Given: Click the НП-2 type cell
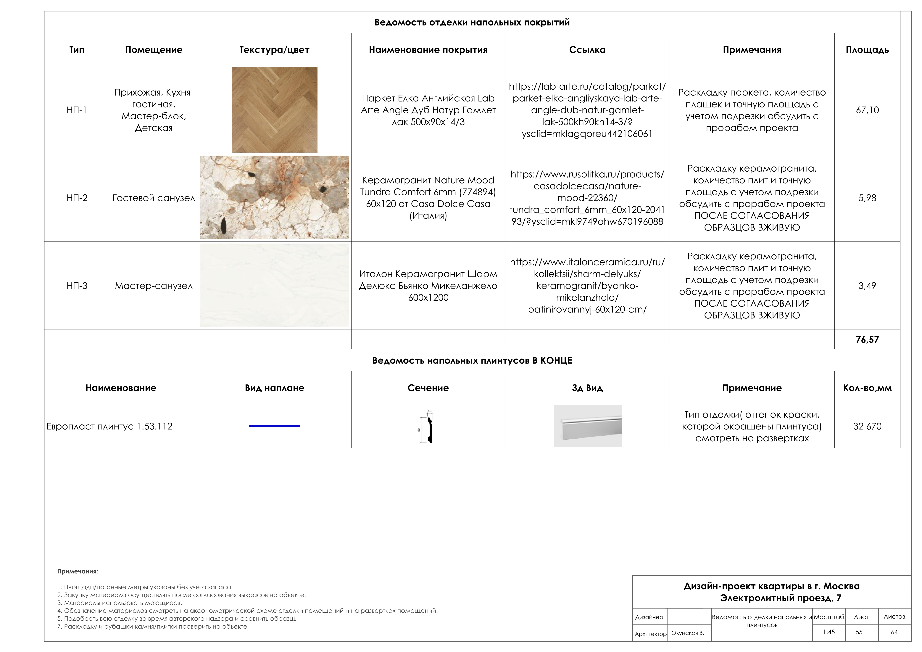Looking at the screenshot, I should coord(77,198).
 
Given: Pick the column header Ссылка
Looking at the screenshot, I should coord(587,50).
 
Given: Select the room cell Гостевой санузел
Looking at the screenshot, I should coord(154,198).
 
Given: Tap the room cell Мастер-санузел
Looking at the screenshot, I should coord(154,286).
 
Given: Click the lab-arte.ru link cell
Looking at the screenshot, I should coord(587,110).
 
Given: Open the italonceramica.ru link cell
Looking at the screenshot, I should coord(587,286).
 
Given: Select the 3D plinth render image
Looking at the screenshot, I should coord(587,426).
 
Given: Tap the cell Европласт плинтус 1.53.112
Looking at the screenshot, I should coord(110,426).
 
